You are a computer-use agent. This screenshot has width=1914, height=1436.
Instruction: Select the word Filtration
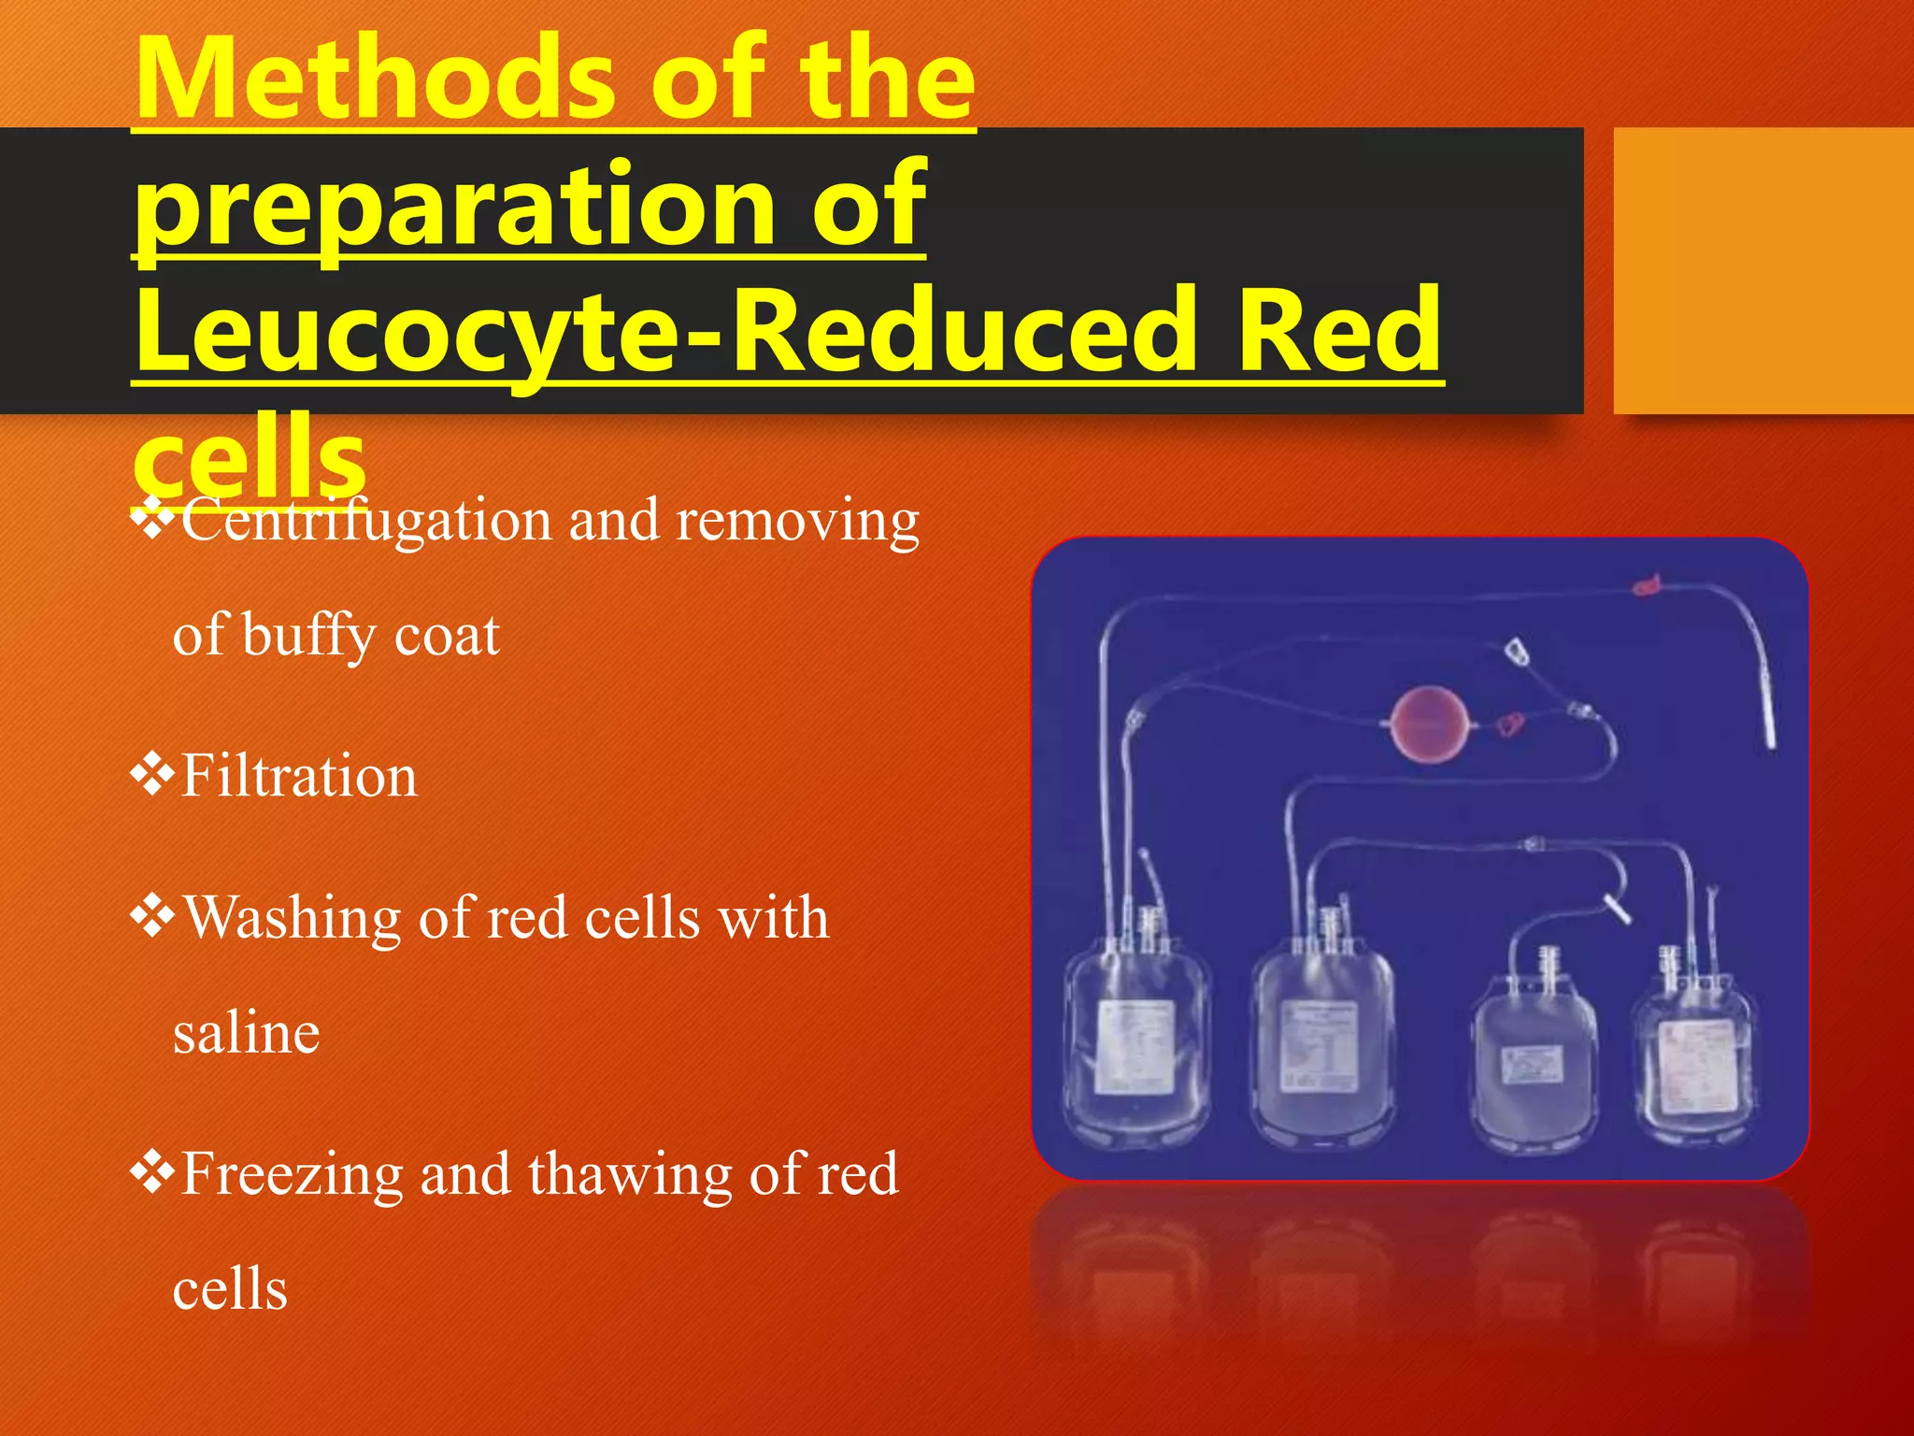(x=298, y=777)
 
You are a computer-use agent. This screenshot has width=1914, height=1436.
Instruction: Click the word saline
(x=246, y=1034)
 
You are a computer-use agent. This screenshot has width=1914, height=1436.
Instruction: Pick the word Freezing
(x=291, y=1174)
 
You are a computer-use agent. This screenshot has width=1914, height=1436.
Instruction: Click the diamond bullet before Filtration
(x=151, y=775)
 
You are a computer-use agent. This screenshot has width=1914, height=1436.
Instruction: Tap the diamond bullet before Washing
(x=151, y=916)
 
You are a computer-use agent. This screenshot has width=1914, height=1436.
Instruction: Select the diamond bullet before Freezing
(x=151, y=1172)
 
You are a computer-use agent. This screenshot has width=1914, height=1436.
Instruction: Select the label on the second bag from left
(x=1320, y=1044)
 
